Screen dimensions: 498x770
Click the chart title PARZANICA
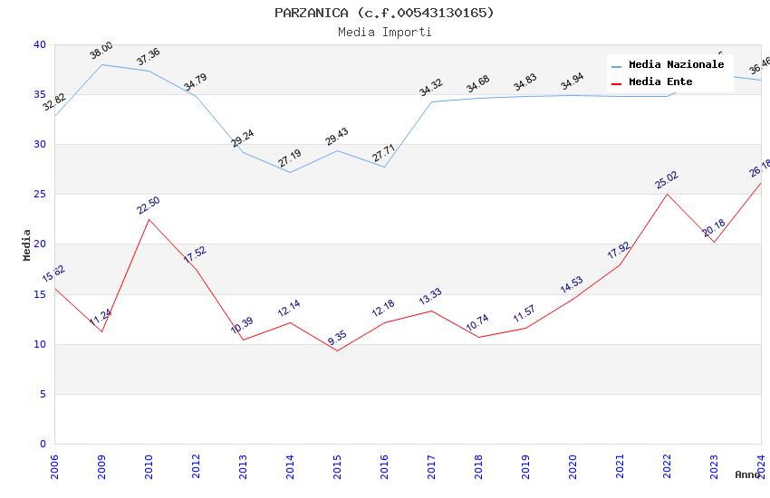[385, 13]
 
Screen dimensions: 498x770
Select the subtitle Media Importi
[385, 32]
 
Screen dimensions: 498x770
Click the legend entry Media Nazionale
[676, 65]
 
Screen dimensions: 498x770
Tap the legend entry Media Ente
[660, 82]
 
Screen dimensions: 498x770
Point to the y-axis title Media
[26, 244]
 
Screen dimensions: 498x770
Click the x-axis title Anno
[747, 474]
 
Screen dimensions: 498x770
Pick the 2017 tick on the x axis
[432, 462]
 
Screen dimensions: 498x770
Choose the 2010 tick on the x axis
[149, 462]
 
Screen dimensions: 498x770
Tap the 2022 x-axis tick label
[668, 462]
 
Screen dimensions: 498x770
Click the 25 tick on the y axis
[39, 195]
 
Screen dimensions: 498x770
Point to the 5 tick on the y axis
[43, 394]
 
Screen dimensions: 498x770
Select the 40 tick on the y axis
[39, 45]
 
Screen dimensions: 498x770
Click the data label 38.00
[101, 51]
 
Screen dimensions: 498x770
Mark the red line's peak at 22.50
[149, 219]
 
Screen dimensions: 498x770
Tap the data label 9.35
[336, 337]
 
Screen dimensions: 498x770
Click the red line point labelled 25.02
[668, 194]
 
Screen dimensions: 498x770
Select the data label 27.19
[289, 159]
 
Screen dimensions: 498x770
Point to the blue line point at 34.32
[432, 101]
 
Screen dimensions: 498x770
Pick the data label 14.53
[572, 286]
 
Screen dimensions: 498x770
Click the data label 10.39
[242, 327]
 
